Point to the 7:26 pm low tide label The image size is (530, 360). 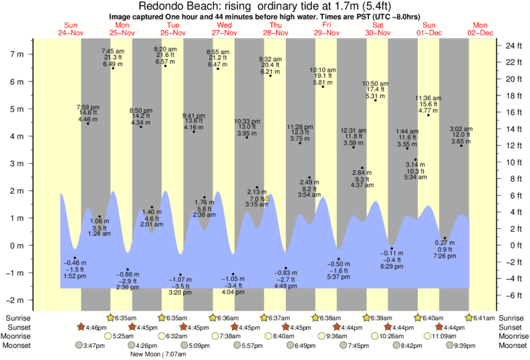point(444,256)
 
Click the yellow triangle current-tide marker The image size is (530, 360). point(267,198)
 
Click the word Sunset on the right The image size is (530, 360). point(509,327)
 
